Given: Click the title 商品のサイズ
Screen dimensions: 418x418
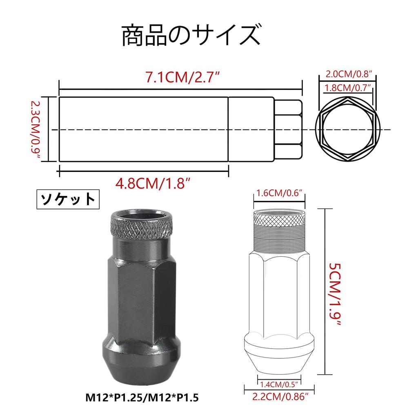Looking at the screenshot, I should pyautogui.click(x=191, y=36).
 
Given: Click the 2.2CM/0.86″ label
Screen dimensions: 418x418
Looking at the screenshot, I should pyautogui.click(x=280, y=396).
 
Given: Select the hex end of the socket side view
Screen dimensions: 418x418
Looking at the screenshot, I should pyautogui.click(x=288, y=129).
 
